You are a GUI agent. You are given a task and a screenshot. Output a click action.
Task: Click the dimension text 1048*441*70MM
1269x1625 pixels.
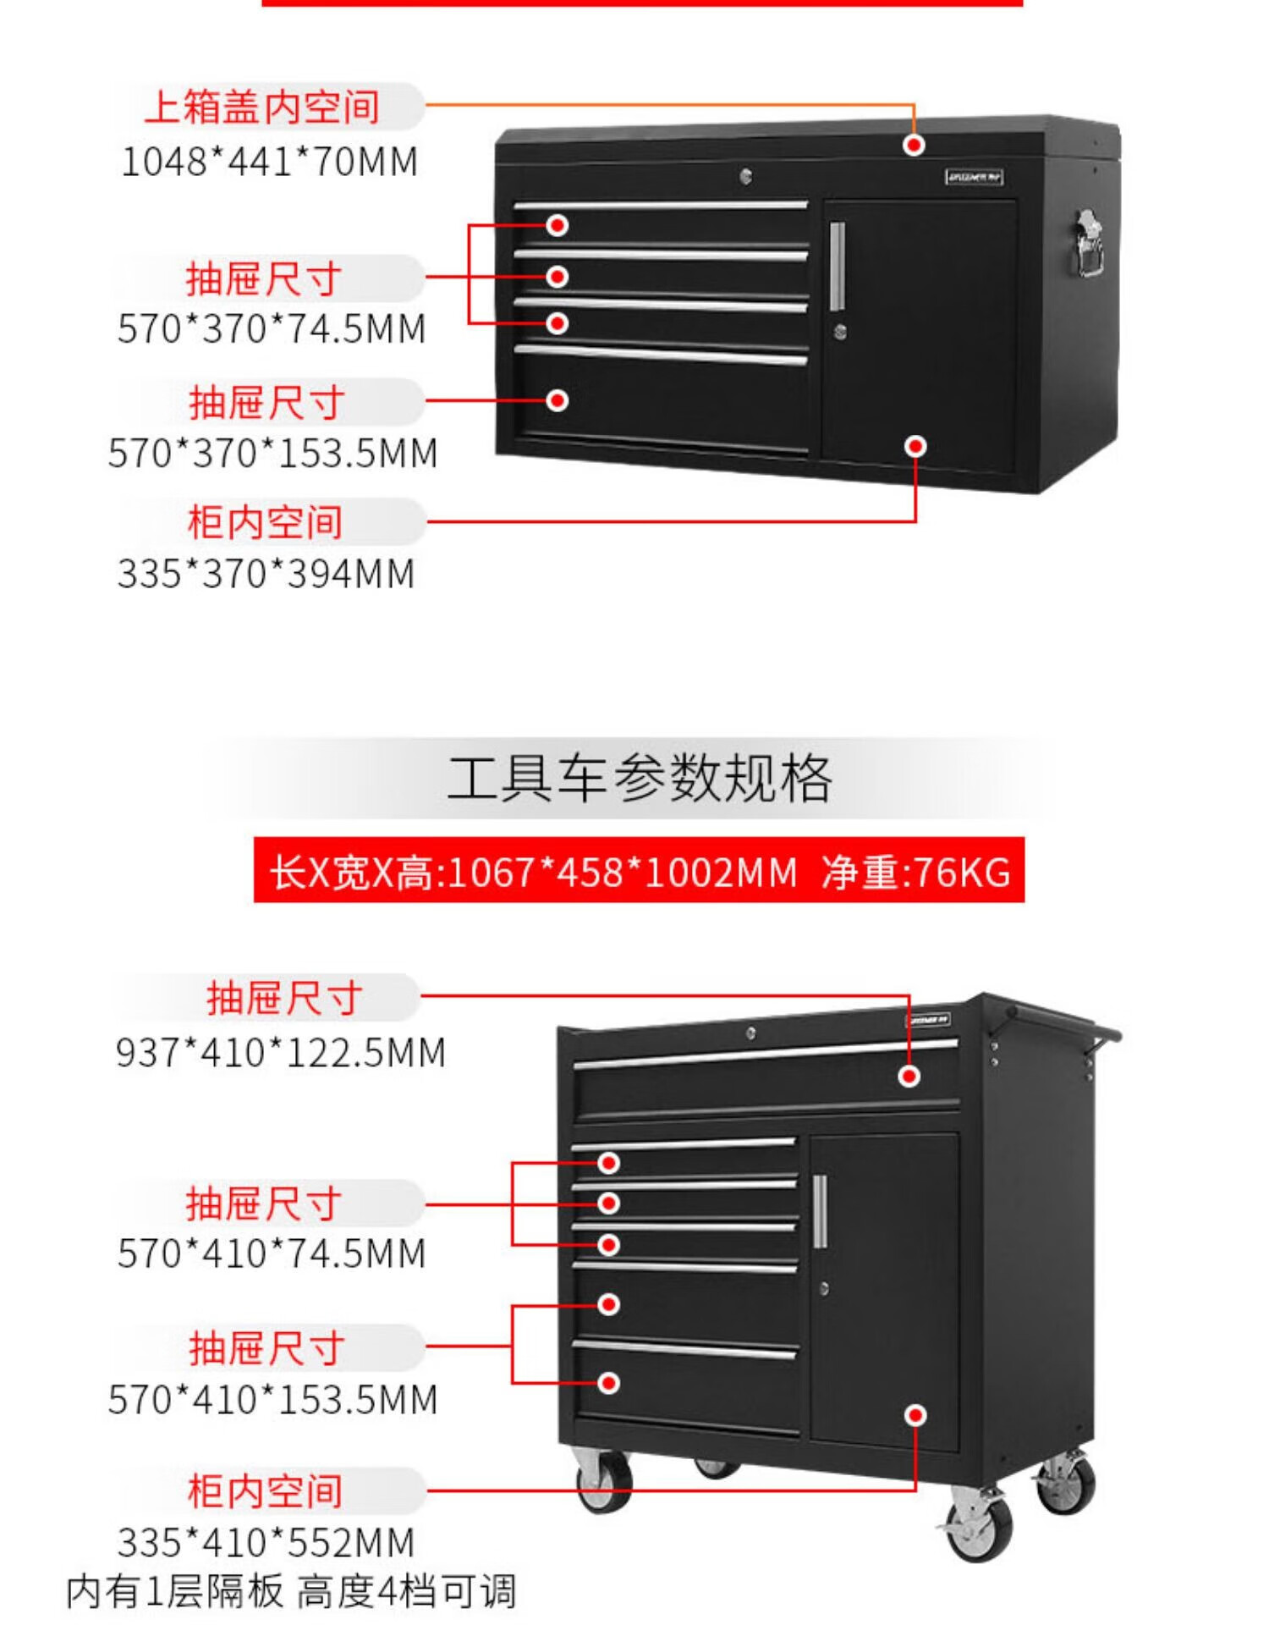[x=270, y=162]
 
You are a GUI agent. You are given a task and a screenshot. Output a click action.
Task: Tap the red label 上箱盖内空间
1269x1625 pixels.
[x=262, y=107]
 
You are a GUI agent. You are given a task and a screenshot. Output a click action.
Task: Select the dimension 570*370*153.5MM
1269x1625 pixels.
[x=273, y=453]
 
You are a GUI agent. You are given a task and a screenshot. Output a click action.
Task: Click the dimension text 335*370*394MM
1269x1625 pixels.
[x=266, y=574]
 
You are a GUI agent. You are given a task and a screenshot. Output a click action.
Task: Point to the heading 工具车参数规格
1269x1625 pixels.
[x=640, y=779]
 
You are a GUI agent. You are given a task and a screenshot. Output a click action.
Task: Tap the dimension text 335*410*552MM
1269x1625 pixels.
[x=266, y=1543]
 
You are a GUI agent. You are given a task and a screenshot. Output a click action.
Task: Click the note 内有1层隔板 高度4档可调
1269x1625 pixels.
[x=291, y=1592]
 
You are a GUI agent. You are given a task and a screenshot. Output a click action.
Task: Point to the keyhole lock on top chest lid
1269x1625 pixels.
[x=745, y=176]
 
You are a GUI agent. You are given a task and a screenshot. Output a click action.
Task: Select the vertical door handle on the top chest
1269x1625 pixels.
[x=837, y=267]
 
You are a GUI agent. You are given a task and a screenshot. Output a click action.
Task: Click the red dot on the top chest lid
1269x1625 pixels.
[x=914, y=146]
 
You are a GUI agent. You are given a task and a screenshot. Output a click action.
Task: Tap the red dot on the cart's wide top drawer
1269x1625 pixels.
[x=909, y=1077]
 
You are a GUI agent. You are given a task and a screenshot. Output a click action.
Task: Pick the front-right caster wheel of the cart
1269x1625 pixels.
[x=979, y=1525]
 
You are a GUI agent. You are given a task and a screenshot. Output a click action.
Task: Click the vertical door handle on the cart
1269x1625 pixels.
[x=819, y=1211]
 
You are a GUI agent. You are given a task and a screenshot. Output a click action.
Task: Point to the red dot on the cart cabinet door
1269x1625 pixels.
[x=915, y=1415]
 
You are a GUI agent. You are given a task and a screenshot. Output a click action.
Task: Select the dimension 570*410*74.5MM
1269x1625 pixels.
[x=272, y=1253]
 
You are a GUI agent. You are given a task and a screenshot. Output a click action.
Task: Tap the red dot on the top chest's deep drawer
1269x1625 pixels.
[x=557, y=400]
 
